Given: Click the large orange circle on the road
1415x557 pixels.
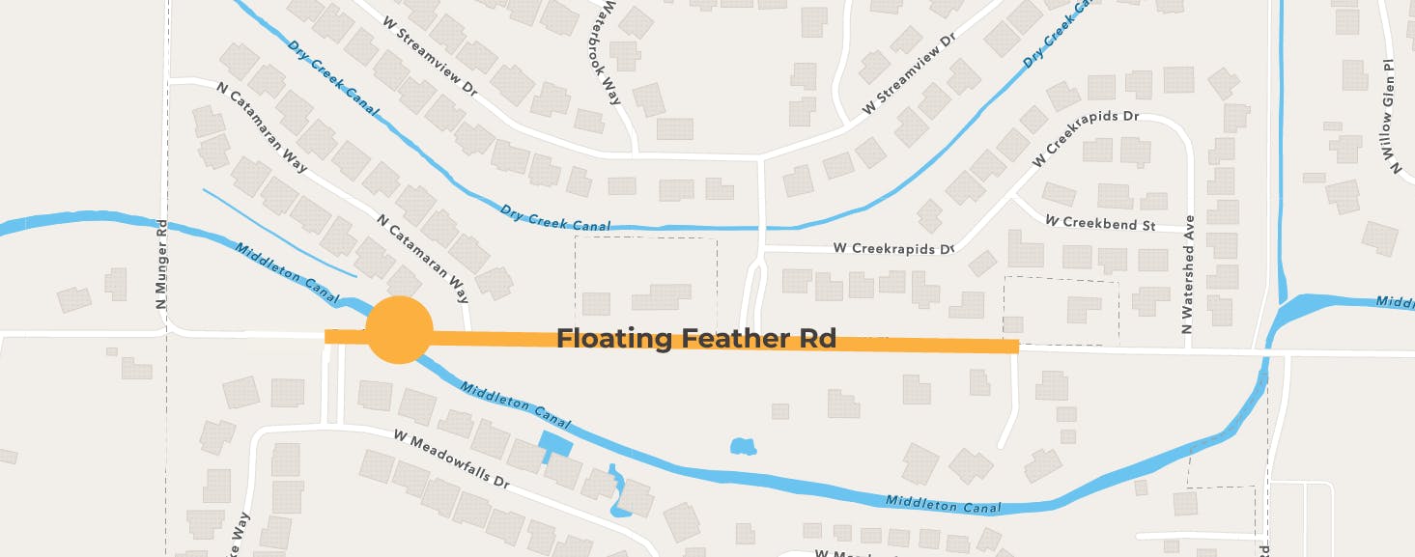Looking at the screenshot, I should coord(398,330).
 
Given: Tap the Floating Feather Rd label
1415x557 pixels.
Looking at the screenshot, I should coord(695,339).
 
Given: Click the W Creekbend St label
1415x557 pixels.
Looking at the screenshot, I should coord(1100,223).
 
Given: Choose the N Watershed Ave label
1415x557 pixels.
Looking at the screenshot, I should coord(1189,276).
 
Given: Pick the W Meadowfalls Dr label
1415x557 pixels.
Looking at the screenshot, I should coord(450,458).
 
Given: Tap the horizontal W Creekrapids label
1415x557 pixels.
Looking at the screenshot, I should coord(892,249).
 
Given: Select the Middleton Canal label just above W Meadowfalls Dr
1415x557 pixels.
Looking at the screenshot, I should coord(516,405).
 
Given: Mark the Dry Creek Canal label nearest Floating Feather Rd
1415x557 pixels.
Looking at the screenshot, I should coord(555,217).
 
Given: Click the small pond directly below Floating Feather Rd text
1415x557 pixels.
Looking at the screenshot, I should coord(742,446).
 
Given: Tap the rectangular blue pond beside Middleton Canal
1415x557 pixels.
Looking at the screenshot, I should coord(553,445).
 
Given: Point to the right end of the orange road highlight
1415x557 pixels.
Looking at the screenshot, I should coord(1016,347).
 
